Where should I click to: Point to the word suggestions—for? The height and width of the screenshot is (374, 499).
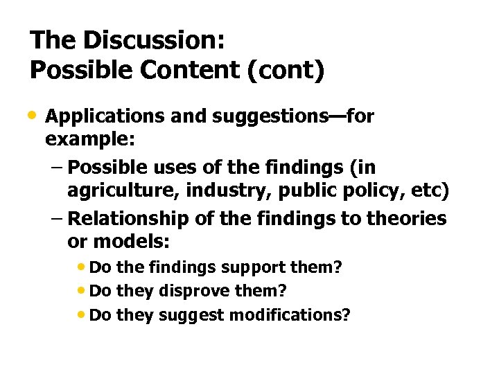[x=277, y=116]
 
